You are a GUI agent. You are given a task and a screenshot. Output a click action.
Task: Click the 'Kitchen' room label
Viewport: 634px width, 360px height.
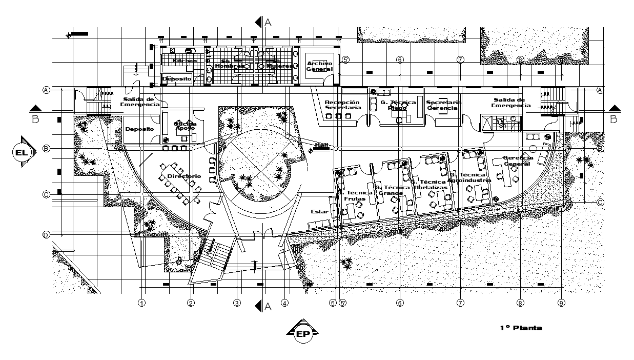pos(184,61)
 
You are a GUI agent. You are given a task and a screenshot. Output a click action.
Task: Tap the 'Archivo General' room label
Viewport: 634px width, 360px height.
pos(320,66)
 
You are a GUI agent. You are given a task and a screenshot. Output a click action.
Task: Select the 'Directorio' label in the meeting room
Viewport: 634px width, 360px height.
pos(184,176)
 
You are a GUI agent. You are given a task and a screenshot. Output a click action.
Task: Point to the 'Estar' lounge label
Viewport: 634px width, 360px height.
pos(319,211)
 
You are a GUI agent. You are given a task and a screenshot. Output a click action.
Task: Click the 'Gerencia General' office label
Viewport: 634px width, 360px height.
pos(518,161)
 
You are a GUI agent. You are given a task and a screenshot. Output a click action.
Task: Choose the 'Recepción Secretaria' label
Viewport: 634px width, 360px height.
pos(343,105)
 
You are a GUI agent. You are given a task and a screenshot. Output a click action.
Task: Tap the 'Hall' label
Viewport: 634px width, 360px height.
pos(321,145)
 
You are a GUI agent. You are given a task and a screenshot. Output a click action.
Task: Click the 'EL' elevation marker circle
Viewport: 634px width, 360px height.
pos(21,152)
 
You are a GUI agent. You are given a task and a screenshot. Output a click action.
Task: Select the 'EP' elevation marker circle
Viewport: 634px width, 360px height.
pos(302,334)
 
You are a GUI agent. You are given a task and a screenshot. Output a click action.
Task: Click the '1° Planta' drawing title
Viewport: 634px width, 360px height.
pos(521,328)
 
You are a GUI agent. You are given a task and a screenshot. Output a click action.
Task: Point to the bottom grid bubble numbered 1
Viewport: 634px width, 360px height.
pos(142,303)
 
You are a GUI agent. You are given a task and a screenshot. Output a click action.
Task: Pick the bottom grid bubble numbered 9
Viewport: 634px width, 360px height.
pos(561,303)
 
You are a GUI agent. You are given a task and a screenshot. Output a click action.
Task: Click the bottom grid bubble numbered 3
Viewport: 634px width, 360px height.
pos(237,303)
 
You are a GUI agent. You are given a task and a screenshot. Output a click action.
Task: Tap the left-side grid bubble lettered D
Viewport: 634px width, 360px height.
pos(46,235)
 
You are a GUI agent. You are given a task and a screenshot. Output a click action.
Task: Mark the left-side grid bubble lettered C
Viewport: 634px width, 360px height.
pos(46,194)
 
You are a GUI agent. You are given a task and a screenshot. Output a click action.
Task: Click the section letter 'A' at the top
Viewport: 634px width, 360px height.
pos(268,22)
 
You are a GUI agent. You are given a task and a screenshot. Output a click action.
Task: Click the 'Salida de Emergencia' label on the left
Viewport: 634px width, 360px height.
pos(140,102)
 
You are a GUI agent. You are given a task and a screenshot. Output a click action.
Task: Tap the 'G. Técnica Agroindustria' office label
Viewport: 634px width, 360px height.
pos(469,177)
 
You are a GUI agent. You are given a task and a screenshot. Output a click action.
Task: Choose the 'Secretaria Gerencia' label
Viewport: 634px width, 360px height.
pos(444,105)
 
